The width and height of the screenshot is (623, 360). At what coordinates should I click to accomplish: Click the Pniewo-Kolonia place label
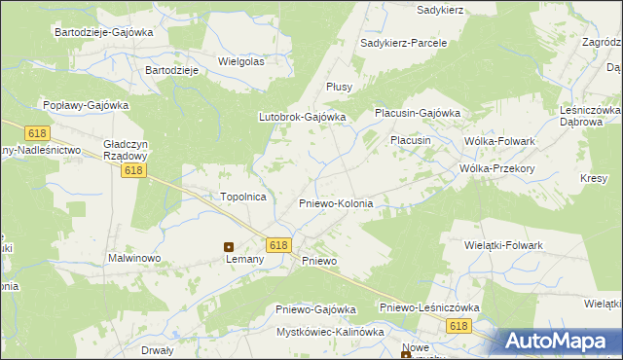335,204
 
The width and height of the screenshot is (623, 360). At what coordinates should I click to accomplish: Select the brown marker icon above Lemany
230,247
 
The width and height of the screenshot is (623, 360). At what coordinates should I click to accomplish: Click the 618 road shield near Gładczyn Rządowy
134,171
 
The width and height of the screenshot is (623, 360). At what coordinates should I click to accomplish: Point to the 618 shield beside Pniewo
277,245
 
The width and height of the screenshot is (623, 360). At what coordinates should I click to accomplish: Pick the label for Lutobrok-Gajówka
302,117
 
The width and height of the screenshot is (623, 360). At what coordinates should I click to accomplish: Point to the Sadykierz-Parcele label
403,44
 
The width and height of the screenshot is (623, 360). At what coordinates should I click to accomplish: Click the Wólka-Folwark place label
499,141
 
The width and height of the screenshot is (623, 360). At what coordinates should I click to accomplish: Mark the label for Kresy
593,178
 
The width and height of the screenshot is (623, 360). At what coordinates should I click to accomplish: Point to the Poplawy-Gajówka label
86,104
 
